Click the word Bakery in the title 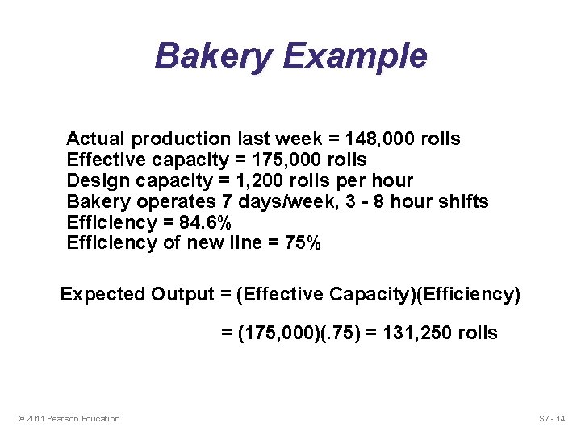[x=212, y=56]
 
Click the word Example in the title [x=355, y=56]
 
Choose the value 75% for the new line [x=303, y=243]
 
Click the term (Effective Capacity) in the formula [x=325, y=294]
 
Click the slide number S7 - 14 [x=552, y=418]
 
